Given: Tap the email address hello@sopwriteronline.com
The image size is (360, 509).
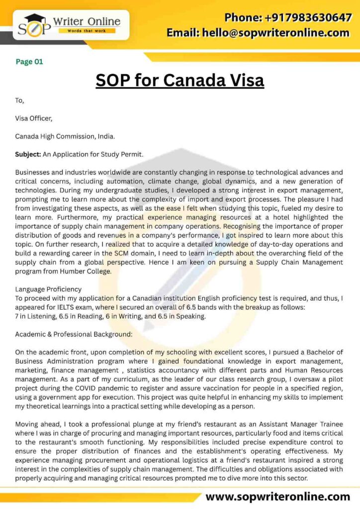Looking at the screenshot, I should click(x=258, y=33).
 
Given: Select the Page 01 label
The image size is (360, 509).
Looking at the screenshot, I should click(x=29, y=62).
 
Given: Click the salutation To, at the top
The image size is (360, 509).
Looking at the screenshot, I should click(x=19, y=100).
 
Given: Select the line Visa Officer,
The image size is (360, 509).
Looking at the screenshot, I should click(x=33, y=118).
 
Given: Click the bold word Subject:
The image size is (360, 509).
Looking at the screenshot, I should click(x=28, y=154).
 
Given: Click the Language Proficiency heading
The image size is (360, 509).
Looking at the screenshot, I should click(x=48, y=289).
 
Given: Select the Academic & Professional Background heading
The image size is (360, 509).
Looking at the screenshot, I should click(x=74, y=334).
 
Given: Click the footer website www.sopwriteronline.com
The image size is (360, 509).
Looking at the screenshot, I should click(x=278, y=497).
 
